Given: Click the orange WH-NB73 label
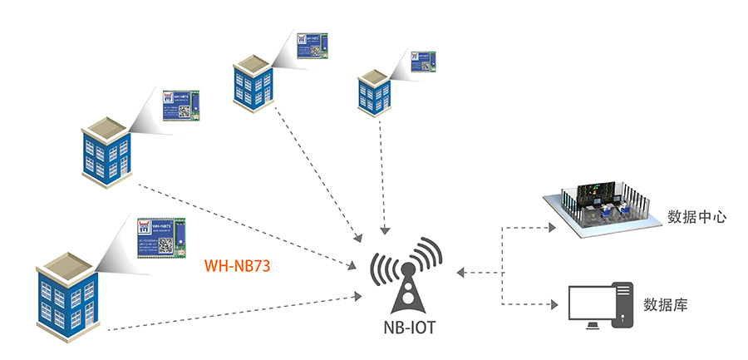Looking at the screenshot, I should click(x=238, y=268).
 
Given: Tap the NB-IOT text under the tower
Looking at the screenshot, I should click(x=406, y=328).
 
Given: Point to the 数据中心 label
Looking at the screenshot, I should click(x=697, y=217).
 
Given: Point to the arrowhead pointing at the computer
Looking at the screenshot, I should click(x=554, y=305).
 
